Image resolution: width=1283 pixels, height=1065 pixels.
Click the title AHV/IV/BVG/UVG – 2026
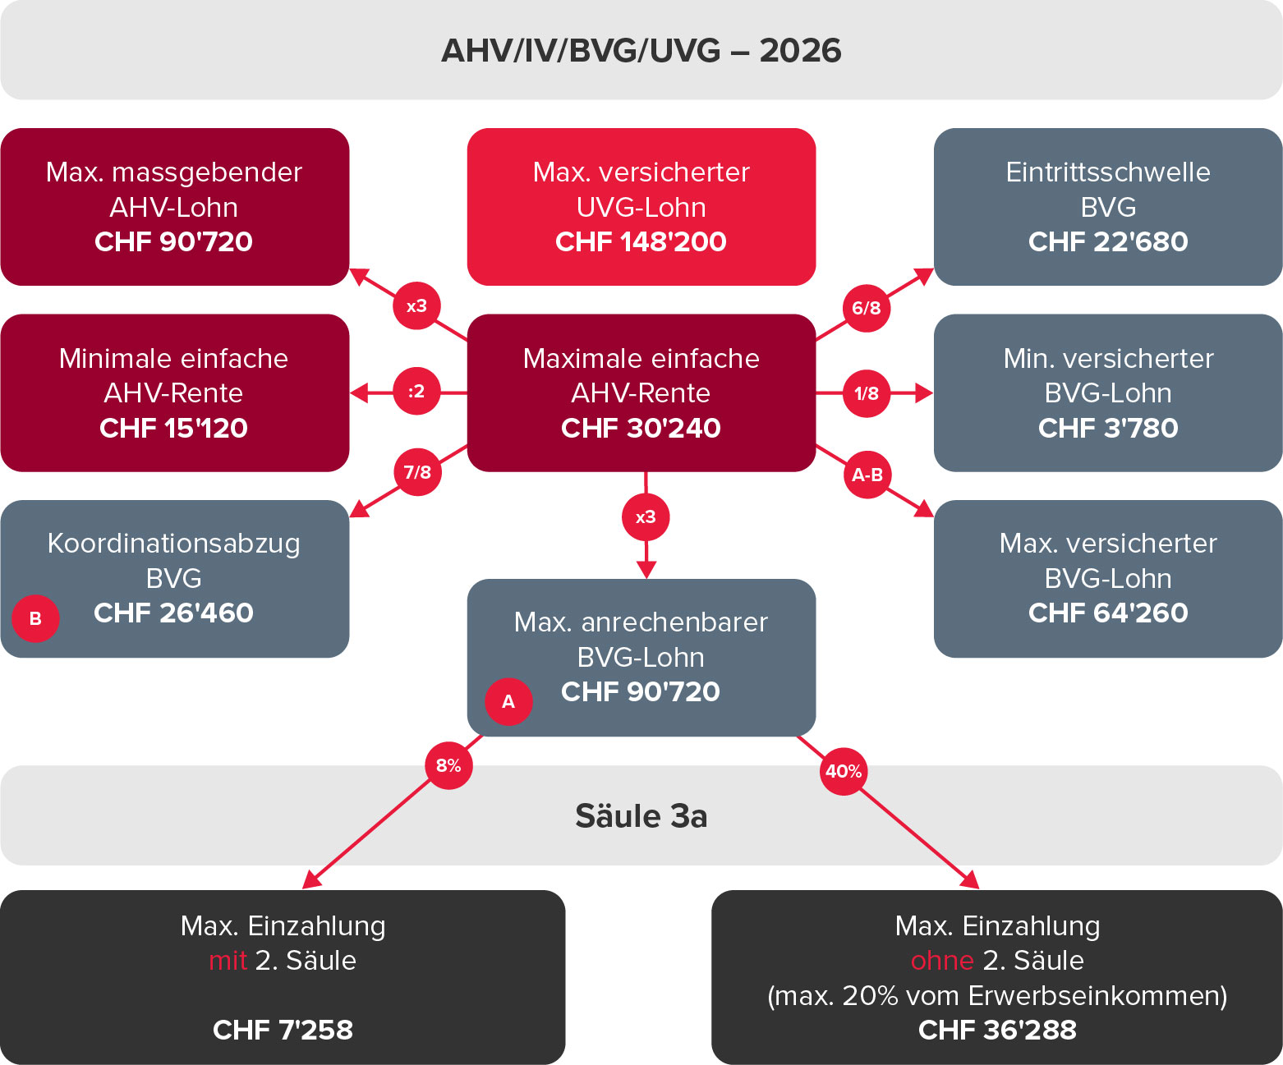pos(641,50)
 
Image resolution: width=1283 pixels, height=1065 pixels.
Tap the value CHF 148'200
pos(641,241)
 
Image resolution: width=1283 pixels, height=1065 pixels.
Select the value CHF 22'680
pos(1108,241)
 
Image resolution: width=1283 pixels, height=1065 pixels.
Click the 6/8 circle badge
pos(867,308)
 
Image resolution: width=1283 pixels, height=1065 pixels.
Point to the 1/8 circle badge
pos(867,393)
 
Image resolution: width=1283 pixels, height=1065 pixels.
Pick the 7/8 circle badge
pos(417,471)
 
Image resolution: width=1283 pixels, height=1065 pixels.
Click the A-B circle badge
pos(867,474)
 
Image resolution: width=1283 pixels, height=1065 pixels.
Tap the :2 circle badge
pos(416,391)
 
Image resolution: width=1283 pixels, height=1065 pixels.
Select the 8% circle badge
pos(448,765)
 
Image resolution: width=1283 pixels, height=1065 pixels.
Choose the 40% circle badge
pos(843,771)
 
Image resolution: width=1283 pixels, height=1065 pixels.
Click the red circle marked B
pos(35,618)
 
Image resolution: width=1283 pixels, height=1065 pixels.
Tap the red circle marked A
pos(508,701)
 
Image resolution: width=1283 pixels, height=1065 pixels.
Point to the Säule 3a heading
pos(641,815)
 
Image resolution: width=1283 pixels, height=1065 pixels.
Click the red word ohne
pos(942,961)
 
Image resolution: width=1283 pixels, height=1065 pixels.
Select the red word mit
pos(228,961)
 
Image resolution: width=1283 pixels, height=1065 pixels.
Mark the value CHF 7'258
pos(283,1030)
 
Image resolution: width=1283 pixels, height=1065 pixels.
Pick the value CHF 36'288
pos(997,1030)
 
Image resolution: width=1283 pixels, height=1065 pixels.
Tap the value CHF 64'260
pos(1108,613)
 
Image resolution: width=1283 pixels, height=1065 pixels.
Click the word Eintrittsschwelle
pos(1108,172)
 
